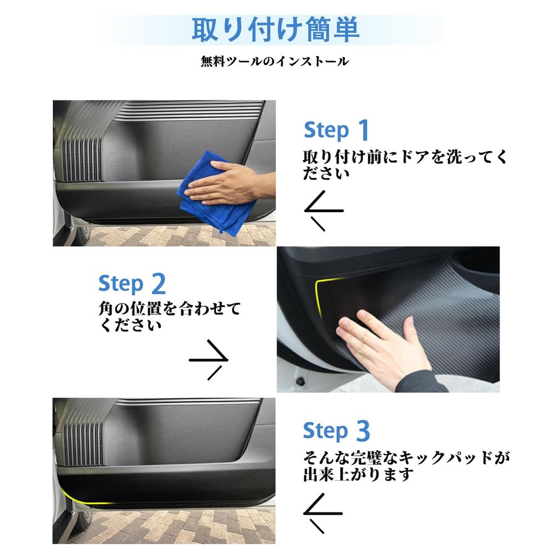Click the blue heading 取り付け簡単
275,30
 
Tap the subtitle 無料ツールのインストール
275,62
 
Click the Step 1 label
336,130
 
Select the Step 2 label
132,284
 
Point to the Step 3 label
336,430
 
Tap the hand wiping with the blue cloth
229,184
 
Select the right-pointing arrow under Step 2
209,360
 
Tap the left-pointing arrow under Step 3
323,513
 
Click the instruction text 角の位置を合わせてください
170,316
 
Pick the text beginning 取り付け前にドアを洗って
405,165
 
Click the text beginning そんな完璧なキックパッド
407,466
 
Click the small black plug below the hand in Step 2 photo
301,381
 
